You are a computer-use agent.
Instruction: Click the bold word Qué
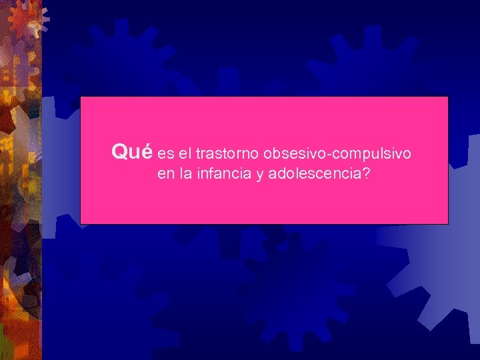132,153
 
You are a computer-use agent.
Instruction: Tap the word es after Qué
165,155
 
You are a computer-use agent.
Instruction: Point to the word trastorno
227,154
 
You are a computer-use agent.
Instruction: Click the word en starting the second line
165,176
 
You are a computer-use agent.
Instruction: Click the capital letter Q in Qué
120,153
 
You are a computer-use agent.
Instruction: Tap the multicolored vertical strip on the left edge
20,200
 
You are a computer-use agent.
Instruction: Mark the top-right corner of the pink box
447,97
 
